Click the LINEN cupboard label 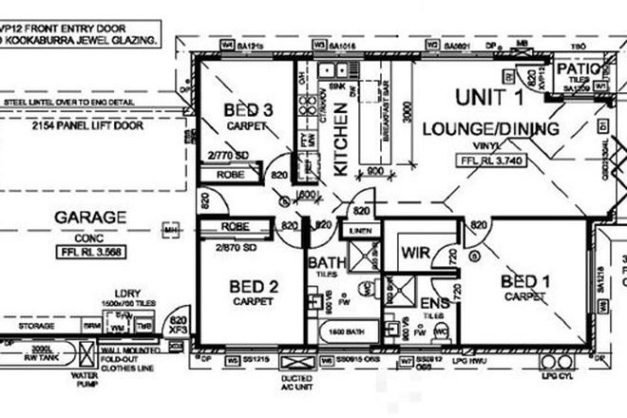(x=358, y=230)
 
